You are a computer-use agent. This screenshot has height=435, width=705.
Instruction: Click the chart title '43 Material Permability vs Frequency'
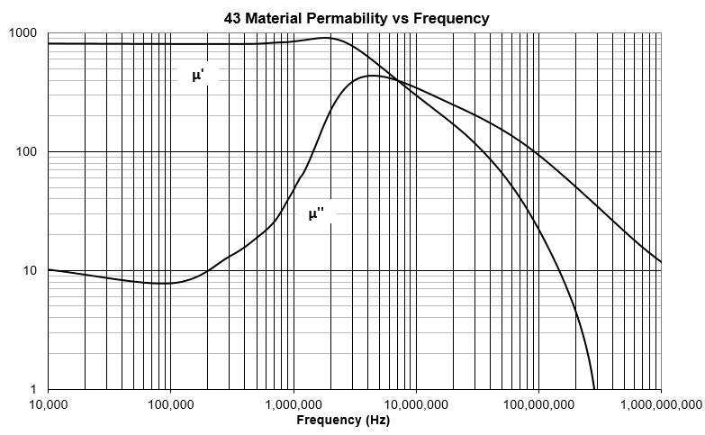click(x=356, y=18)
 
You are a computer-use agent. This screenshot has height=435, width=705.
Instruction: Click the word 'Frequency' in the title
click(x=451, y=18)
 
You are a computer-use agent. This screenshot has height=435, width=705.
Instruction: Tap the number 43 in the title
click(x=231, y=18)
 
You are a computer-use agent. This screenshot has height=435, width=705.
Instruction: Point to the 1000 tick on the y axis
click(x=23, y=33)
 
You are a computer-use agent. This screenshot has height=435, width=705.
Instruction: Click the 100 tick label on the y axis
click(x=26, y=152)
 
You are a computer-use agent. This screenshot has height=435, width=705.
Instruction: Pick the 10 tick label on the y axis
click(x=29, y=271)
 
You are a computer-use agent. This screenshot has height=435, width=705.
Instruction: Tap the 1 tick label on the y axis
click(x=32, y=390)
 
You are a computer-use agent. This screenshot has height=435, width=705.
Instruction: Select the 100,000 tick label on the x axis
click(x=170, y=405)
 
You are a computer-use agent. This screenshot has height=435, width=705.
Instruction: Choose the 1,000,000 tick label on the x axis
click(x=293, y=405)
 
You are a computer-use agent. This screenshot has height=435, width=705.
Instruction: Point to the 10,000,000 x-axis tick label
click(x=415, y=405)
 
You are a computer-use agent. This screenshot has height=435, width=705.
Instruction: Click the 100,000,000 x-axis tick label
click(x=538, y=405)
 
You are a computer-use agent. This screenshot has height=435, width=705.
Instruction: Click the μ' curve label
click(x=198, y=77)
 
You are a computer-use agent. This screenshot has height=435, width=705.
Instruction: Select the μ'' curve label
click(x=316, y=214)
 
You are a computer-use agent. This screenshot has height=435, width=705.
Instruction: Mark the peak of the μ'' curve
click(x=373, y=76)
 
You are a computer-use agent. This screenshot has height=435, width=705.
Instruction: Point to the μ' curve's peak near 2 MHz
click(x=328, y=38)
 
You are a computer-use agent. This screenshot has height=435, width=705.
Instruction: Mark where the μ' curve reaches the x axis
click(x=595, y=389)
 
